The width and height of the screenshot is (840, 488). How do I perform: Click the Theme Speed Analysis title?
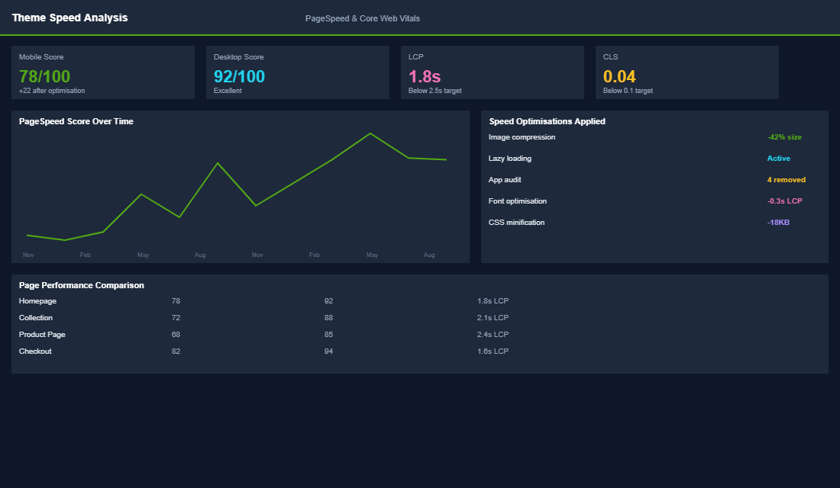(x=69, y=18)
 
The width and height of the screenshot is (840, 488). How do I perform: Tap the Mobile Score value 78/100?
(x=44, y=76)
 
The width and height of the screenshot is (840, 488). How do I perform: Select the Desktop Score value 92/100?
(x=239, y=76)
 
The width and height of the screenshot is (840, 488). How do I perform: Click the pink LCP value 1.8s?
(x=425, y=76)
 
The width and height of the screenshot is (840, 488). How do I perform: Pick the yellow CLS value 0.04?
(x=619, y=76)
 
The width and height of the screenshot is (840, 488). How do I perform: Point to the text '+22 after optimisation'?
(x=52, y=91)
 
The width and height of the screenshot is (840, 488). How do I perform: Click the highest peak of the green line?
(x=370, y=133)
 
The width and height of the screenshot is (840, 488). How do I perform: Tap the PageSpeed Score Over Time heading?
(x=76, y=121)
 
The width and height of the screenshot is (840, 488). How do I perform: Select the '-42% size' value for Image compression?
(x=784, y=137)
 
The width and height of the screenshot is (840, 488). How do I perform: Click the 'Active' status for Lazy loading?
(x=778, y=159)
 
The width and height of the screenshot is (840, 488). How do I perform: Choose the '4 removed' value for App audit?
(x=786, y=180)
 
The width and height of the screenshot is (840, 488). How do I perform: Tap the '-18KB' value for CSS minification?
(x=778, y=223)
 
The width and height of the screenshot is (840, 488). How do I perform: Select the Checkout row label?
(x=35, y=352)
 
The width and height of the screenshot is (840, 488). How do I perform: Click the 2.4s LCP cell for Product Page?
(x=493, y=335)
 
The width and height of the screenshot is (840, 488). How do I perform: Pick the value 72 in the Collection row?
(x=176, y=318)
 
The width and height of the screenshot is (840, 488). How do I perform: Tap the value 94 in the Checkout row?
(x=328, y=352)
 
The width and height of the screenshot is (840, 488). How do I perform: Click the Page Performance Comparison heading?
(x=81, y=285)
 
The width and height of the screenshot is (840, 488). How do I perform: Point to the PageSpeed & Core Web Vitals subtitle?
(x=362, y=18)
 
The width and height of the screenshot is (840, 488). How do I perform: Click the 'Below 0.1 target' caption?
(x=628, y=91)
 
